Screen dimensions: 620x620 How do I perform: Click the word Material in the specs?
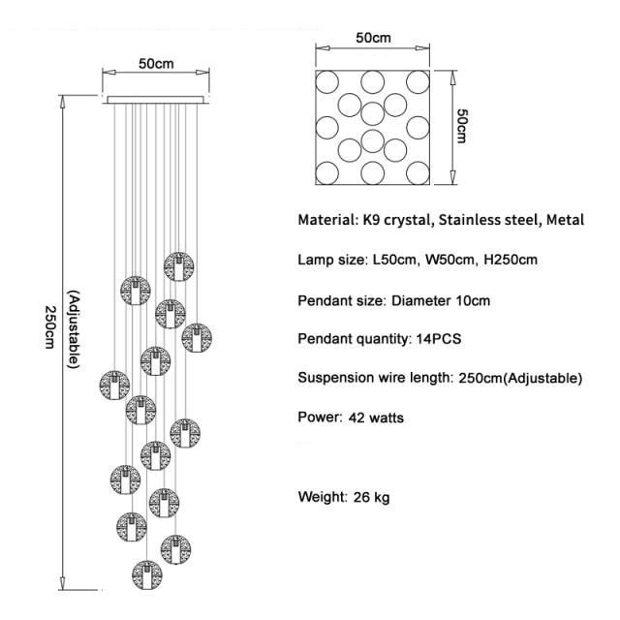click(x=327, y=220)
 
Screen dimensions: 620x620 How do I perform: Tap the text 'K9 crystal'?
click(x=396, y=220)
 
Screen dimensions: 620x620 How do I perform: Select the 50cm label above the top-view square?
click(x=373, y=39)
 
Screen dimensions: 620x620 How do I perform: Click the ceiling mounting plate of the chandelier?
click(x=155, y=98)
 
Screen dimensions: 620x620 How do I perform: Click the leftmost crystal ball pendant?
click(x=113, y=384)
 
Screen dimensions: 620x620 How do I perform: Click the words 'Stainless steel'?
click(x=486, y=220)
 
